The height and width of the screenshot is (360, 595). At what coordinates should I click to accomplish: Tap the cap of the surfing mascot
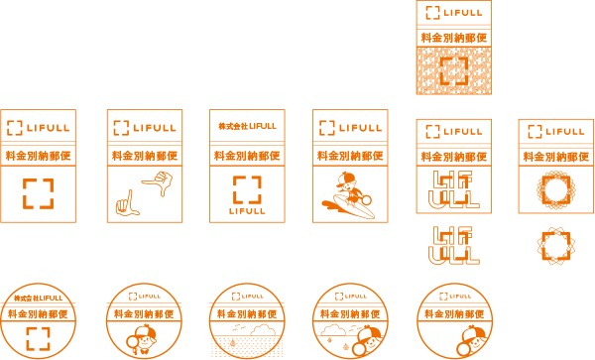tap(345, 178)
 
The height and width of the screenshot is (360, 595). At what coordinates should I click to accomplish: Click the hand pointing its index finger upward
tap(127, 204)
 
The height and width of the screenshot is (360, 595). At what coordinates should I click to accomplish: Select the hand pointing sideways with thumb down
tap(158, 182)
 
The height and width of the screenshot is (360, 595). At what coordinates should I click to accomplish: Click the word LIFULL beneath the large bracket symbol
tap(247, 211)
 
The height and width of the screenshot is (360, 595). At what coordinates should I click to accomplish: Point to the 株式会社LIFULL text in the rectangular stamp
tap(247, 126)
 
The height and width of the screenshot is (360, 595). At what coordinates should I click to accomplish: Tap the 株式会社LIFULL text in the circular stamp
tap(38, 299)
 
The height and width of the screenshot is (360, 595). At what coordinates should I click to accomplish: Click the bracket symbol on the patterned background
tap(454, 71)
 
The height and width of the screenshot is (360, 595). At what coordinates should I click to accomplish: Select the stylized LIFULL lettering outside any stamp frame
tap(454, 245)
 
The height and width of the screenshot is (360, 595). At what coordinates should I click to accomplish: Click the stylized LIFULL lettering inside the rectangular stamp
tap(454, 189)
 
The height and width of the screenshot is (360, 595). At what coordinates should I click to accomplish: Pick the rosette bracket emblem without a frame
tap(556, 246)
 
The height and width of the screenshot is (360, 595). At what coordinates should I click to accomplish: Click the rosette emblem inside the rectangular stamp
tap(556, 189)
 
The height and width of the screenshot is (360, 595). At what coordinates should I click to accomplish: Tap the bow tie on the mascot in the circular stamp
tap(144, 351)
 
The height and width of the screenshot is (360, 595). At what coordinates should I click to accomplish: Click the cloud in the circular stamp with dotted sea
tap(264, 329)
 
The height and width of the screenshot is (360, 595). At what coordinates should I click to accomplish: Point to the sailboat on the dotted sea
tap(233, 343)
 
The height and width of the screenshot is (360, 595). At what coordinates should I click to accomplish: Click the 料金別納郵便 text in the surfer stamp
tap(350, 156)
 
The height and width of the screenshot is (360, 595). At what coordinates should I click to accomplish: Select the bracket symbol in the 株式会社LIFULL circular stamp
tap(38, 339)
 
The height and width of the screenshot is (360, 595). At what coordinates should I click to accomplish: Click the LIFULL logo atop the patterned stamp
tap(454, 13)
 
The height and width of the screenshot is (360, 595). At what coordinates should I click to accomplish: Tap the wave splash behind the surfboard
tap(328, 204)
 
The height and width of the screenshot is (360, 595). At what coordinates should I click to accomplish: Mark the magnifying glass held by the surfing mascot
tap(366, 200)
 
